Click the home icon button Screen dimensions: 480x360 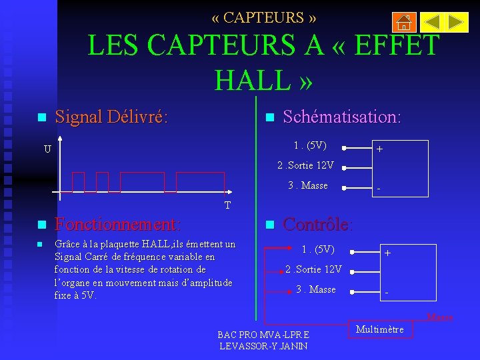click(x=405, y=23)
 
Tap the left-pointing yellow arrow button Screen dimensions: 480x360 click(x=432, y=23)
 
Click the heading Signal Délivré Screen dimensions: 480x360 click(x=111, y=117)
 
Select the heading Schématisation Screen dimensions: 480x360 click(x=342, y=117)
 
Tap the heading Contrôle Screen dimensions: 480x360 click(x=318, y=224)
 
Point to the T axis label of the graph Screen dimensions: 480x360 click(x=227, y=205)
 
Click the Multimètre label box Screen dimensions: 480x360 click(x=380, y=329)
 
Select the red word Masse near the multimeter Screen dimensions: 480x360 click(x=439, y=317)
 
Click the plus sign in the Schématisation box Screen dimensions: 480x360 click(x=379, y=150)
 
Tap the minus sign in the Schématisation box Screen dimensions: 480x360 click(x=379, y=189)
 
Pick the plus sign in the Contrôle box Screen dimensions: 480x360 click(x=387, y=253)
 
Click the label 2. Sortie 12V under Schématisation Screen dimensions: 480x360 click(x=305, y=165)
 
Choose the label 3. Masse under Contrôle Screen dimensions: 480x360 click(x=316, y=289)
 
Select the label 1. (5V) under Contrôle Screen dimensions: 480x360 click(x=318, y=250)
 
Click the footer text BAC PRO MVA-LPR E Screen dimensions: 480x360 click(x=263, y=334)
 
